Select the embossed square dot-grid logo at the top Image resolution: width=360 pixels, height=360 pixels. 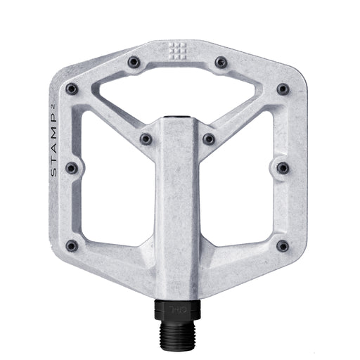(176, 50)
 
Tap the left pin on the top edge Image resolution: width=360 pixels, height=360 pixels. (133, 63)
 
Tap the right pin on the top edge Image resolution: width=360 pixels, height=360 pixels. (220, 63)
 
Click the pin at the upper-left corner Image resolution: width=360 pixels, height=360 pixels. (71, 89)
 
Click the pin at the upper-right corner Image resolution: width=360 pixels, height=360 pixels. (283, 89)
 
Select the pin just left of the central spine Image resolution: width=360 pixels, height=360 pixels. (146, 139)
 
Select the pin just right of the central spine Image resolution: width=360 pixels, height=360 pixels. (208, 139)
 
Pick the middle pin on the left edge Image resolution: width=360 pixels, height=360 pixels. (71, 167)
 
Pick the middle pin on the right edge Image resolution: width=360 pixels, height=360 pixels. (283, 167)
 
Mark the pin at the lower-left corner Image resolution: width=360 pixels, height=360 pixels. (71, 245)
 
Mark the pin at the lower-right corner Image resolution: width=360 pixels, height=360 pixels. (283, 245)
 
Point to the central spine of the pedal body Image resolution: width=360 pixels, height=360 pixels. (176, 204)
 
